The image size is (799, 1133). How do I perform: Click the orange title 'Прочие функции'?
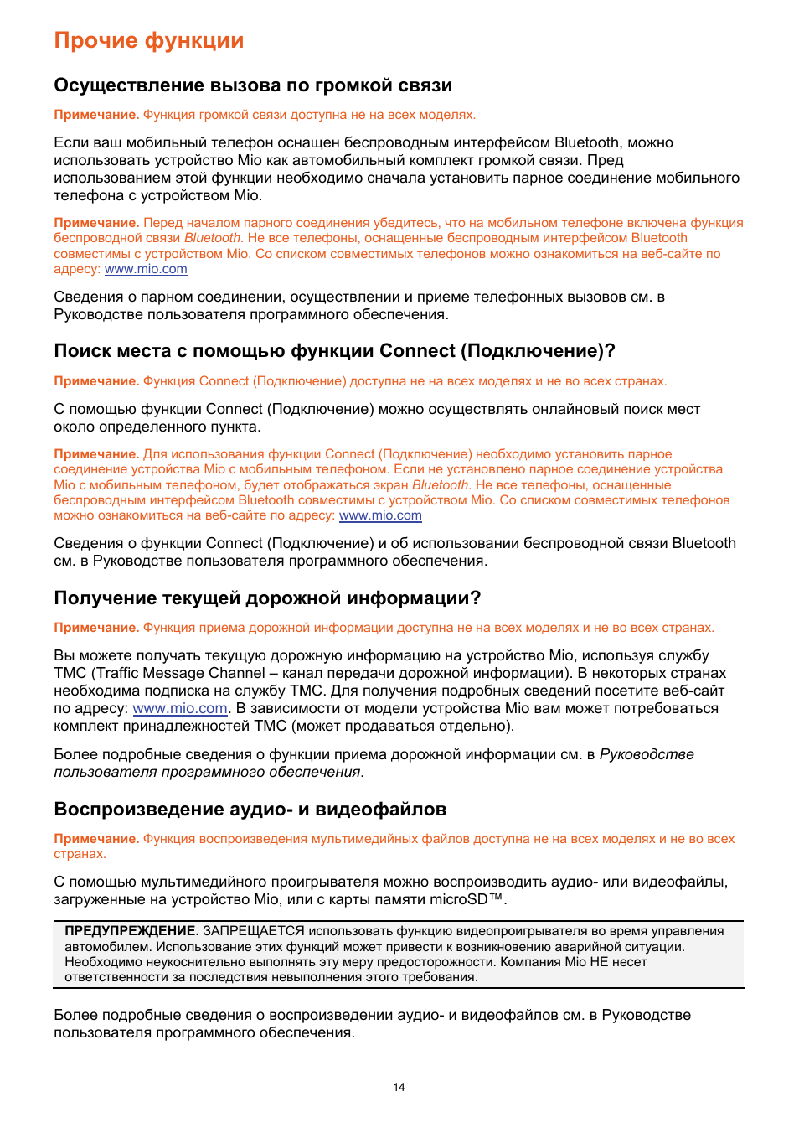point(149,40)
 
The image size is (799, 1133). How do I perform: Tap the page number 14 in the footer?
point(399,1087)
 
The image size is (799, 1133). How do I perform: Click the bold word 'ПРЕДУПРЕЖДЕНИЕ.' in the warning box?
point(131,931)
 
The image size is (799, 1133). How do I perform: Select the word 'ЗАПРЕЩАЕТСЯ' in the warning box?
point(254,931)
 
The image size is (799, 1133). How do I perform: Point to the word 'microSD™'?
point(468,899)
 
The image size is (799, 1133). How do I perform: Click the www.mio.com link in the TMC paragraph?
point(180,708)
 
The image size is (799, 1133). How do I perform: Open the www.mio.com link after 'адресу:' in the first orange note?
point(146,269)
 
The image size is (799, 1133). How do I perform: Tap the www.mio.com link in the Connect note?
point(380,515)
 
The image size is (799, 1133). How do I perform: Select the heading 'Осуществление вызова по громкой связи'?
point(253,85)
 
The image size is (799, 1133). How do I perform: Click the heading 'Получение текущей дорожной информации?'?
point(267,598)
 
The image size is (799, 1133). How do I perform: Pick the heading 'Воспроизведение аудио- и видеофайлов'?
point(250,810)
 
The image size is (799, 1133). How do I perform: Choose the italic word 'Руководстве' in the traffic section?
point(647,754)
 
